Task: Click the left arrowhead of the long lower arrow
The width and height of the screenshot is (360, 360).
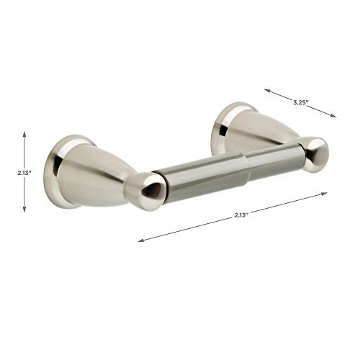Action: pos(141,240)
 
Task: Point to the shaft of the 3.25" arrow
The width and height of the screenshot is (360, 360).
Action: pos(301,103)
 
